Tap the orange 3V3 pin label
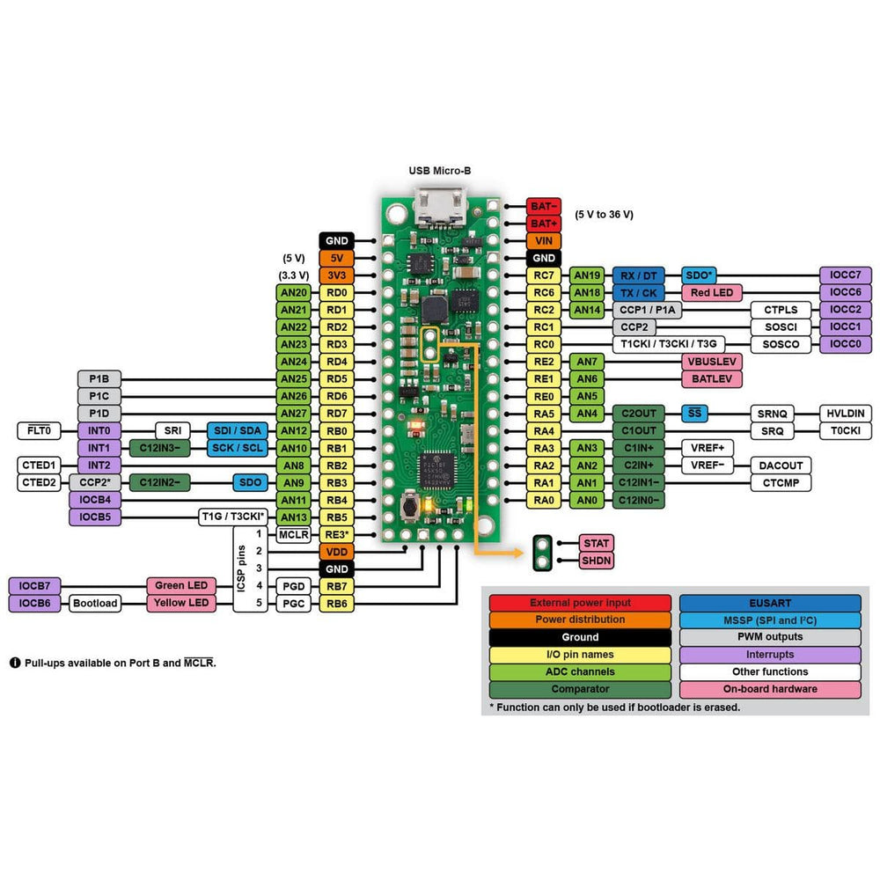336,275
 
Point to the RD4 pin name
336,362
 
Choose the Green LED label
181,585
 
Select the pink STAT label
596,543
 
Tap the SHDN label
596,561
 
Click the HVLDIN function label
846,413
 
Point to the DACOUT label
780,465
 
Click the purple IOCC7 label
846,275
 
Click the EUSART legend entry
770,603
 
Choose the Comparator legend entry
580,689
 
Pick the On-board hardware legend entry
770,689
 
